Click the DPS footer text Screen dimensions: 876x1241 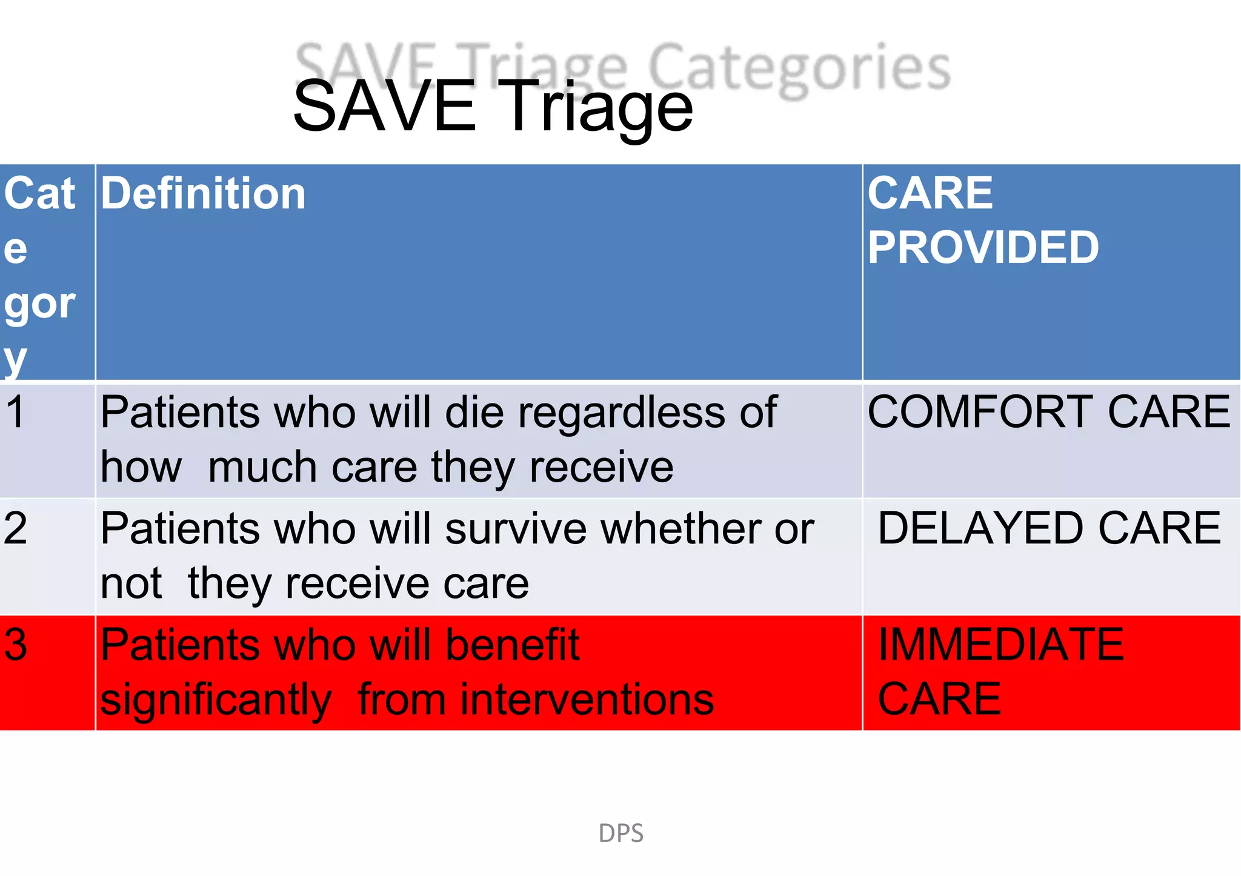tap(620, 834)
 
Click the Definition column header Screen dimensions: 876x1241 tap(203, 194)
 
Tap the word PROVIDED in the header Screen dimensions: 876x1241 tap(983, 248)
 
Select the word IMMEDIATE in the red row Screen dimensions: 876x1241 tap(1000, 645)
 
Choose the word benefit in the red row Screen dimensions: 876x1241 tap(513, 645)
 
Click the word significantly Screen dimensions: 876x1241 tap(216, 700)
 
